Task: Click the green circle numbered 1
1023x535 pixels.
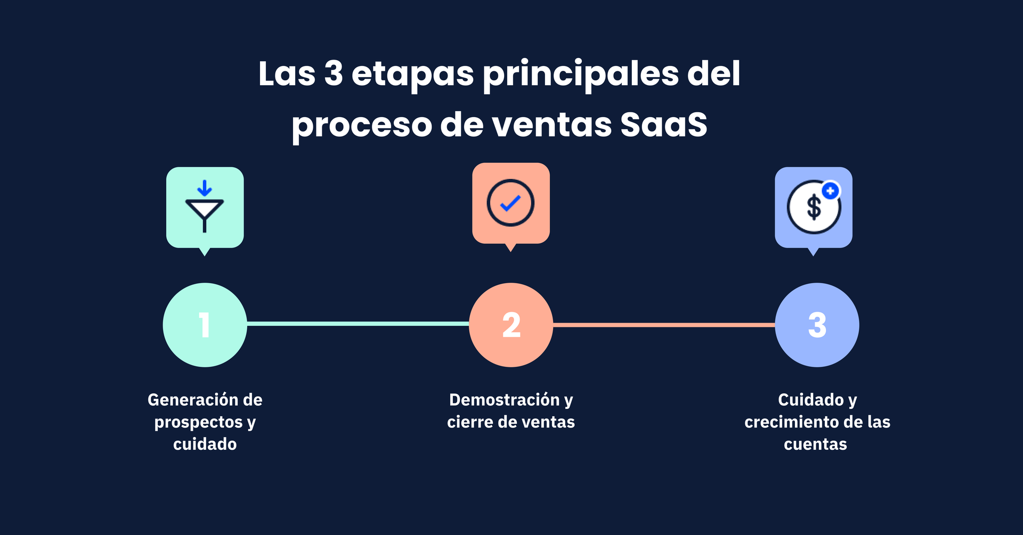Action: click(x=205, y=325)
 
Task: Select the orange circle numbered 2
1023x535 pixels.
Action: click(x=511, y=325)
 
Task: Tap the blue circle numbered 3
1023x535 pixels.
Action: click(x=817, y=325)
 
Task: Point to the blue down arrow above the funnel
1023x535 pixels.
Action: click(x=205, y=188)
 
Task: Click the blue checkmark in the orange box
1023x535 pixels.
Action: click(x=510, y=203)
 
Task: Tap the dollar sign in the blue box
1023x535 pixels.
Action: click(x=814, y=208)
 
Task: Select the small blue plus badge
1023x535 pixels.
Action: click(x=831, y=191)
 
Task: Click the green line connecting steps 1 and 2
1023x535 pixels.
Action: click(x=358, y=324)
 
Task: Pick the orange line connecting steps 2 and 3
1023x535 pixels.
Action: click(x=664, y=325)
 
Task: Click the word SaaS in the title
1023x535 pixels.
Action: click(x=664, y=125)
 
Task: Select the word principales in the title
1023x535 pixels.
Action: click(x=581, y=75)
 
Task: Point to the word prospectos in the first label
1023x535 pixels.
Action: click(x=199, y=423)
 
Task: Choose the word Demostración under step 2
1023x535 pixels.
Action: click(x=505, y=399)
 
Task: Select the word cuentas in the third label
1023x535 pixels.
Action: click(x=815, y=445)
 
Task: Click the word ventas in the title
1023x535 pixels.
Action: click(x=552, y=125)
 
